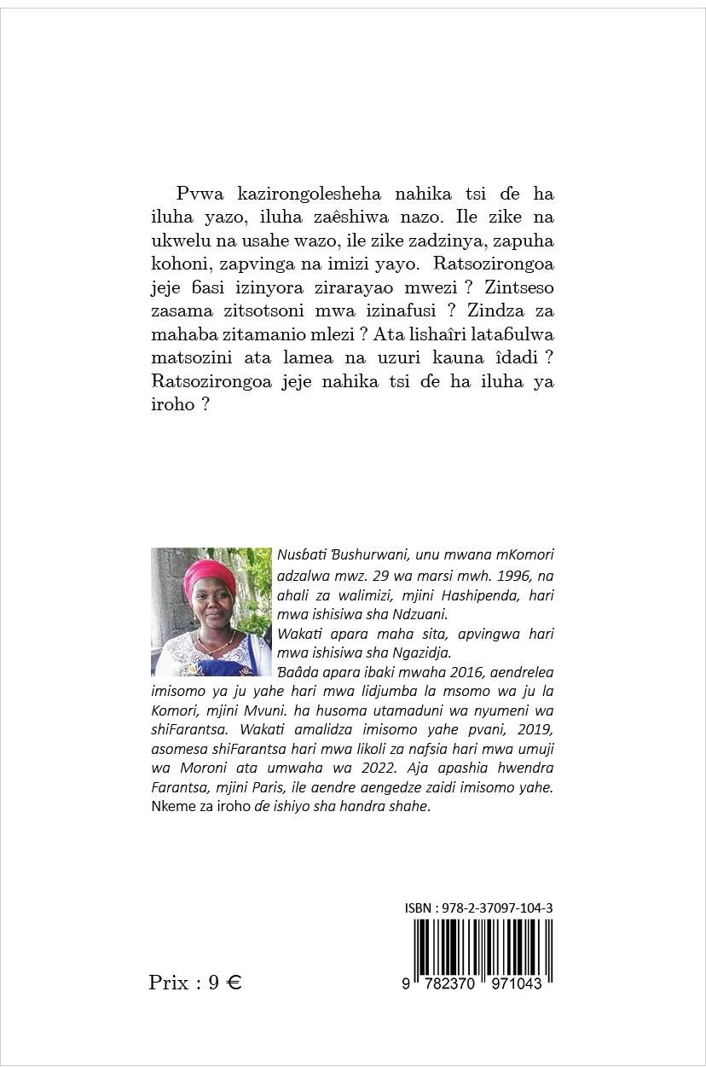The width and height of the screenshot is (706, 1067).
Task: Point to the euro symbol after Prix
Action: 234,983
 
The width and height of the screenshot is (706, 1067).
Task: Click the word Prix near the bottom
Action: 169,983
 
